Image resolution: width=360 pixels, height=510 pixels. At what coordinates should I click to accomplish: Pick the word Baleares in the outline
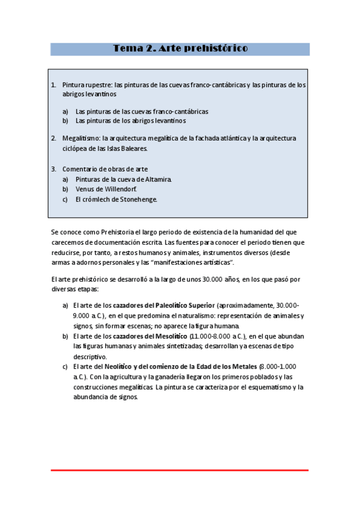point(132,148)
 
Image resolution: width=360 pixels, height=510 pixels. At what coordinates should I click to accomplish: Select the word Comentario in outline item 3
point(80,169)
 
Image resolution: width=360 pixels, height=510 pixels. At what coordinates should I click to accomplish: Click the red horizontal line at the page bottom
point(179,470)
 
